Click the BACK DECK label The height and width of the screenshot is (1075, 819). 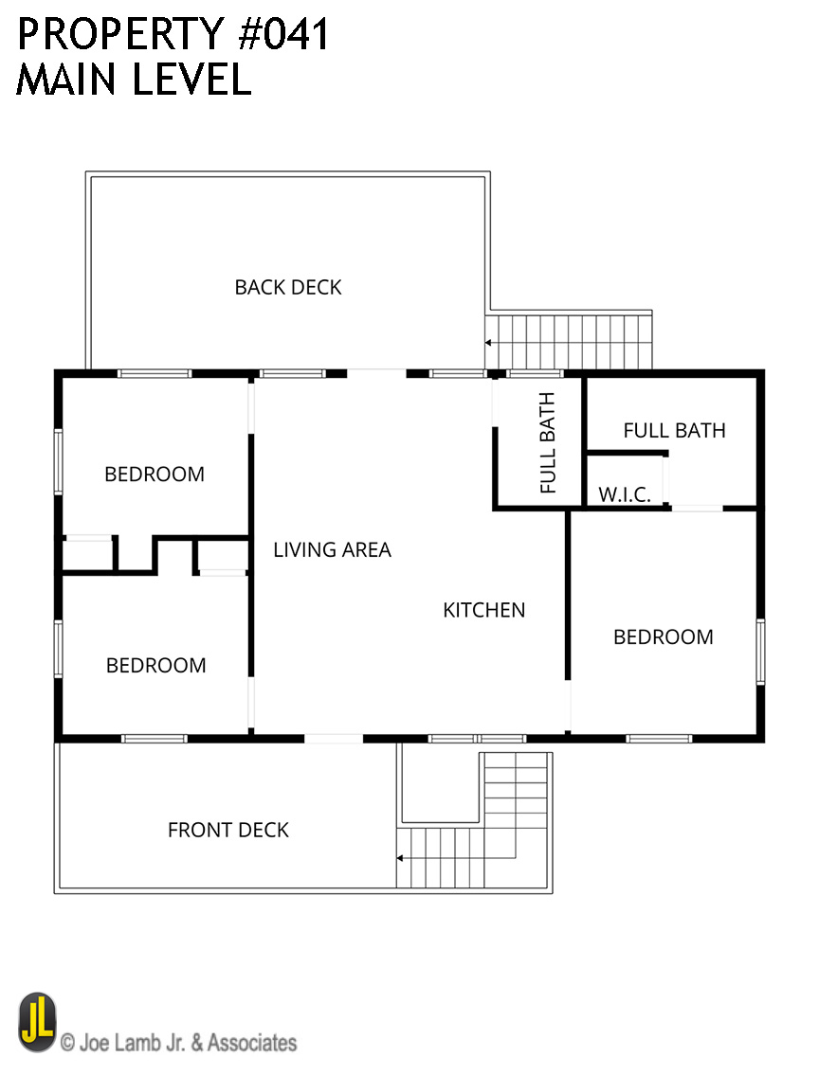(x=288, y=287)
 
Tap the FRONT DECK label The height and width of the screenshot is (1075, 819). (x=228, y=831)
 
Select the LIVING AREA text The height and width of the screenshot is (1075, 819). (x=332, y=550)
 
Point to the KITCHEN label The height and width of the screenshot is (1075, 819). (x=484, y=610)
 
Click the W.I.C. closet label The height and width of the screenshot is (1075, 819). (x=624, y=494)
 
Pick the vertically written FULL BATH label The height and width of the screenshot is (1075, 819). (x=547, y=443)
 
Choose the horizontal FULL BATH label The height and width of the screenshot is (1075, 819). (x=674, y=431)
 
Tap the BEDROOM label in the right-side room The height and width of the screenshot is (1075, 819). (x=664, y=636)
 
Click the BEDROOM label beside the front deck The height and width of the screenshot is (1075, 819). (x=155, y=665)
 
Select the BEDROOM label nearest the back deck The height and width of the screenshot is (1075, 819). (x=155, y=474)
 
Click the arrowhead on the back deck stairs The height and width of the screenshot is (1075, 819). (x=487, y=342)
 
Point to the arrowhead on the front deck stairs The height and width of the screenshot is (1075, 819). (x=399, y=858)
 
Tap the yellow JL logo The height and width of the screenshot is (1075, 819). (x=37, y=1022)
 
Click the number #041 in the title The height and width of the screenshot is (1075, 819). (x=283, y=34)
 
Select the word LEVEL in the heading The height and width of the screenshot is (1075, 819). (x=192, y=79)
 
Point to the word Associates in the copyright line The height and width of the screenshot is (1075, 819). (x=252, y=1043)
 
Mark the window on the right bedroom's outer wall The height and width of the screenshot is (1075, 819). (x=760, y=652)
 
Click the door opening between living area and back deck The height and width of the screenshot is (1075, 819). (x=376, y=373)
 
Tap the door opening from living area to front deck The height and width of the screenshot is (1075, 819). (x=334, y=739)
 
